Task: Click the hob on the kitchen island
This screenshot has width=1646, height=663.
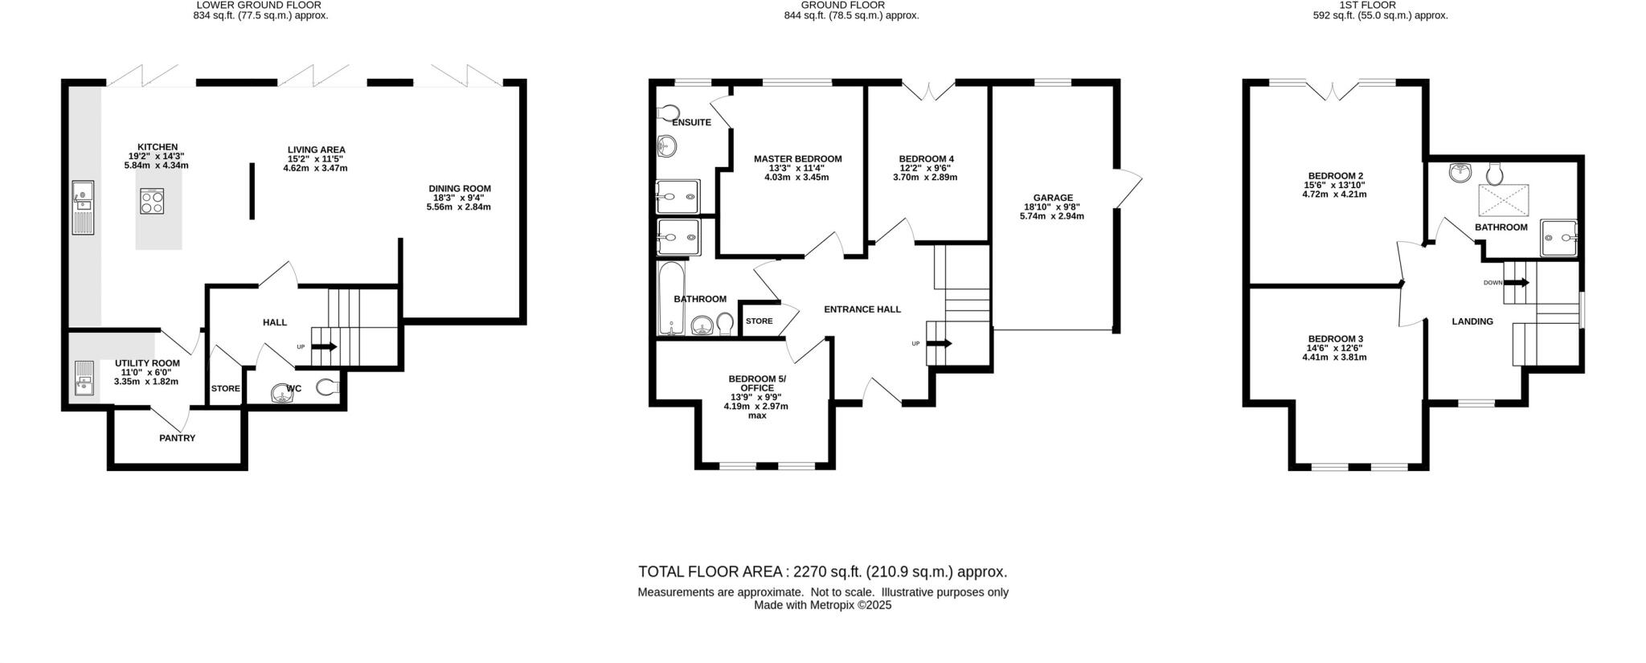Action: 152,201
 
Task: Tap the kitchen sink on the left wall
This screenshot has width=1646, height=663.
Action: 82,207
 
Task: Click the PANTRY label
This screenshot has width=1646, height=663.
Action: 177,438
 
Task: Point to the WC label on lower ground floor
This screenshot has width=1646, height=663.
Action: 294,389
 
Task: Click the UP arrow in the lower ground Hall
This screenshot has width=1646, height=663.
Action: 324,347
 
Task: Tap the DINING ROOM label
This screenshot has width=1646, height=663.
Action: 459,189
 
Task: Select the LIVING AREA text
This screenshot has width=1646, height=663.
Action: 317,149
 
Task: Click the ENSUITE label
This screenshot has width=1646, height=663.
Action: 691,123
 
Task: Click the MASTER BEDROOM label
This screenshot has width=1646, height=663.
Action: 797,159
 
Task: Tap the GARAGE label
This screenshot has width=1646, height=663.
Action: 1053,198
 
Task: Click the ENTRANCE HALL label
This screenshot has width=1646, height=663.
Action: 862,309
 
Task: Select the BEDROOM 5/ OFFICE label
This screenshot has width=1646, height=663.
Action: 756,383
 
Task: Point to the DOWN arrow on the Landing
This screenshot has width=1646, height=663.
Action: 1516,283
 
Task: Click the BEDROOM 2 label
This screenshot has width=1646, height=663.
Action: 1335,176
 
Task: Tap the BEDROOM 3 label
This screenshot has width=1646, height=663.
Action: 1335,339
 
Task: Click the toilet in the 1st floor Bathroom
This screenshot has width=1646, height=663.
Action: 1495,173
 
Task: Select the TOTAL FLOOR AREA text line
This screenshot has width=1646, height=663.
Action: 822,572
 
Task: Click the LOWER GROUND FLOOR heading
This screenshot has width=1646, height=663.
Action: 259,5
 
